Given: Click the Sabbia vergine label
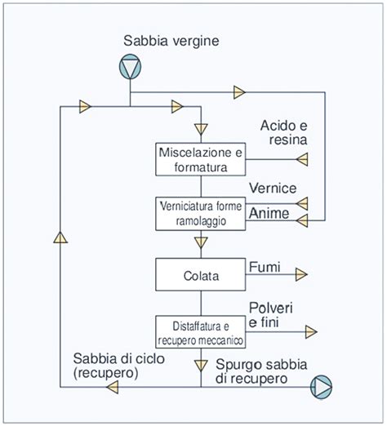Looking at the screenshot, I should point(171,40).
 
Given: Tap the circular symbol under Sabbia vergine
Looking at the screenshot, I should point(131,67).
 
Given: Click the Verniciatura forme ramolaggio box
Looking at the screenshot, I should point(201,214).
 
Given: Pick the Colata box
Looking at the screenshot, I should point(201,275).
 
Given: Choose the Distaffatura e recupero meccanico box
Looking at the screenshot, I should point(201,332).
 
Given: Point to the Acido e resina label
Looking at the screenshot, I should point(284,133).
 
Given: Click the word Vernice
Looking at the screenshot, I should point(272,188).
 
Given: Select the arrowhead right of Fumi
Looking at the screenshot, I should point(301,275).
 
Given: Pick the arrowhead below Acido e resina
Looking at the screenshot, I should point(301,160).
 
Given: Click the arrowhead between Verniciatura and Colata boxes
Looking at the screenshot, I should point(201,242).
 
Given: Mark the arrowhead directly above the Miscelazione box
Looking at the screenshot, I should point(201,128).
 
